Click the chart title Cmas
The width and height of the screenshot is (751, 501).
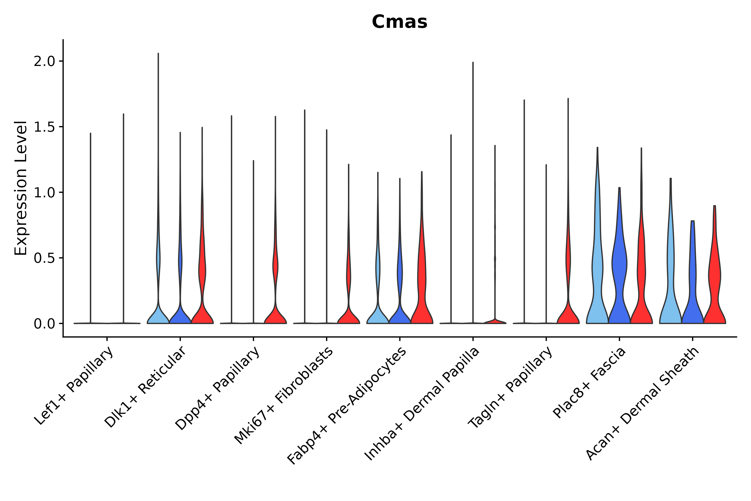coord(399,22)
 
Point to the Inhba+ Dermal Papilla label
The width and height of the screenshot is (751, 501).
coord(421,404)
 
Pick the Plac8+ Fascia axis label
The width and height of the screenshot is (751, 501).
coord(589,383)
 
